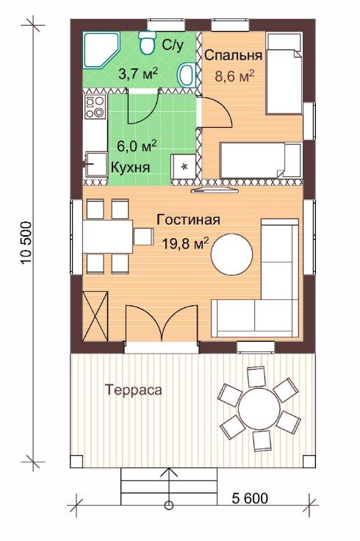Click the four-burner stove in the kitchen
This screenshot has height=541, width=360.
95,107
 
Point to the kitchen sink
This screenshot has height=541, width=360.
96,165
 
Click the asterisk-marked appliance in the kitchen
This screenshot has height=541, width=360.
184,167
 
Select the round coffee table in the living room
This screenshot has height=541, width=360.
231,254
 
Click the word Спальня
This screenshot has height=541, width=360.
234,55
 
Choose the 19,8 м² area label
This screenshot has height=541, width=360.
186,243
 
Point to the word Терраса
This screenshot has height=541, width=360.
134,390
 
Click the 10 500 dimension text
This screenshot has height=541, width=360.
27,243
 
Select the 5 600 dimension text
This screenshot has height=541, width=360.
250,498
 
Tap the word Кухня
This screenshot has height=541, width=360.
130,167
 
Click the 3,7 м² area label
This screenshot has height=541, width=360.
138,74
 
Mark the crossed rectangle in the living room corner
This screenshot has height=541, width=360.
96,316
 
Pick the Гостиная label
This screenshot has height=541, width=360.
188,220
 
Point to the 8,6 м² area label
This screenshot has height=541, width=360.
234,76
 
